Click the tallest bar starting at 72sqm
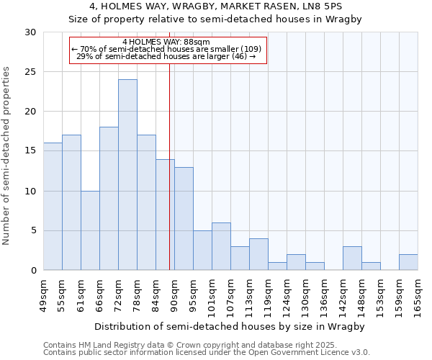coord(127,175)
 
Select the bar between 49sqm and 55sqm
coord(53,207)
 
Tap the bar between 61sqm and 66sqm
coord(90,230)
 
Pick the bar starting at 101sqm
coord(221,246)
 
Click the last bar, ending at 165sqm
coord(408,262)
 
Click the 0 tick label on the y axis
coord(33,271)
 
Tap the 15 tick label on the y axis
coord(31,151)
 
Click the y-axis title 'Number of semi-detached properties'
coord(7,156)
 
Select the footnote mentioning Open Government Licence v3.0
coord(207,353)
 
